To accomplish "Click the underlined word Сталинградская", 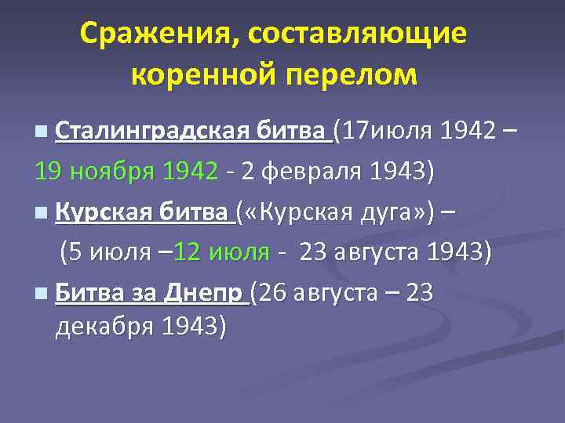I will [153, 130].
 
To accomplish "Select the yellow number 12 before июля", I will [188, 253].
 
